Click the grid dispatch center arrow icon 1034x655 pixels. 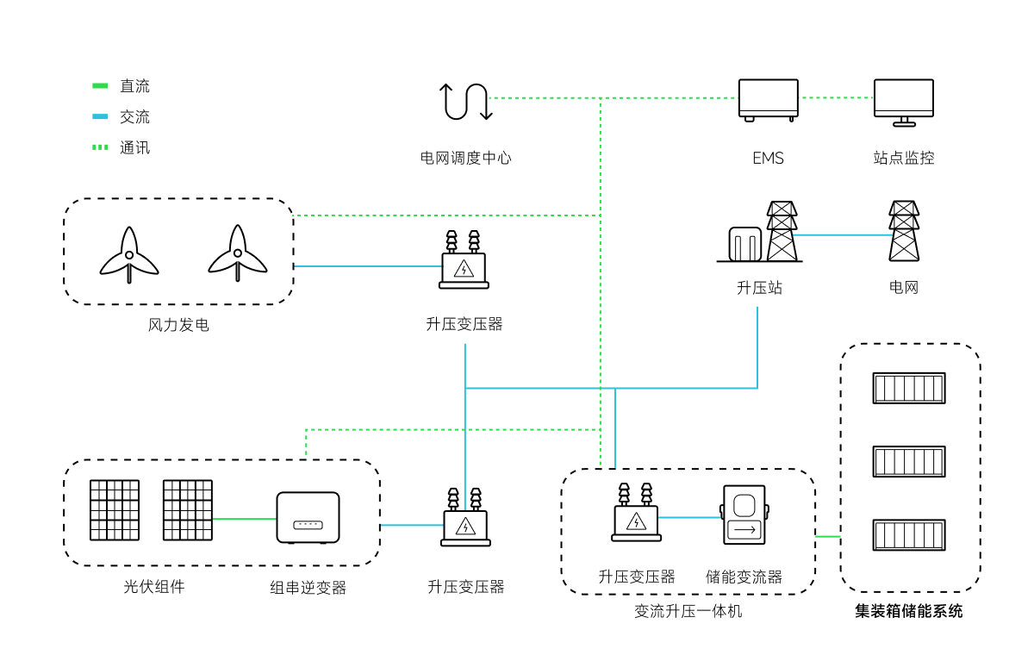pyautogui.click(x=466, y=101)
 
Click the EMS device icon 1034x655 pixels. pyautogui.click(x=768, y=100)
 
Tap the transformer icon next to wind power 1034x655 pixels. pyautogui.click(x=464, y=261)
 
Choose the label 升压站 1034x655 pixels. pyautogui.click(x=759, y=288)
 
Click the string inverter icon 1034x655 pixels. pyautogui.click(x=308, y=517)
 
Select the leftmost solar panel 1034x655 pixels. pyautogui.click(x=115, y=510)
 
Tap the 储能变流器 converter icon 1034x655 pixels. pyautogui.click(x=743, y=515)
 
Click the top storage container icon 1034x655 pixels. pyautogui.click(x=909, y=388)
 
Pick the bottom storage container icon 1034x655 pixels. pyautogui.click(x=909, y=534)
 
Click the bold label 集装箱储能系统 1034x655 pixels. pyautogui.click(x=909, y=612)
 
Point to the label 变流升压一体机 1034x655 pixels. pyautogui.click(x=688, y=611)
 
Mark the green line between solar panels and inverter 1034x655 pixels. pyautogui.click(x=244, y=519)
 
